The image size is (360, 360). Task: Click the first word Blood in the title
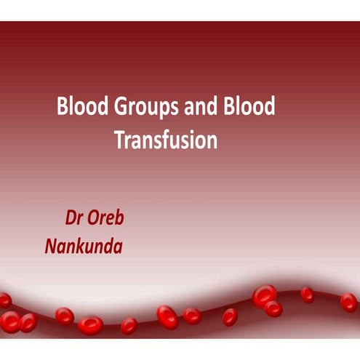(x=80, y=107)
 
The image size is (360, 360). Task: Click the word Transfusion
(x=166, y=139)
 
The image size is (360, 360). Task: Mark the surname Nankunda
(x=84, y=245)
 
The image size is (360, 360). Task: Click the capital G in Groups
(x=115, y=107)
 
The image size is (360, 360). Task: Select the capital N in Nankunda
(x=52, y=245)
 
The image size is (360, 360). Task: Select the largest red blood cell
(x=264, y=295)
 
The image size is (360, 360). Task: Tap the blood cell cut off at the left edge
(x=4, y=299)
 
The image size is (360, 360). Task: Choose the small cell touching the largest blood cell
(x=273, y=308)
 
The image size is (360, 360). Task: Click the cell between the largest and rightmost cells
(x=308, y=295)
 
